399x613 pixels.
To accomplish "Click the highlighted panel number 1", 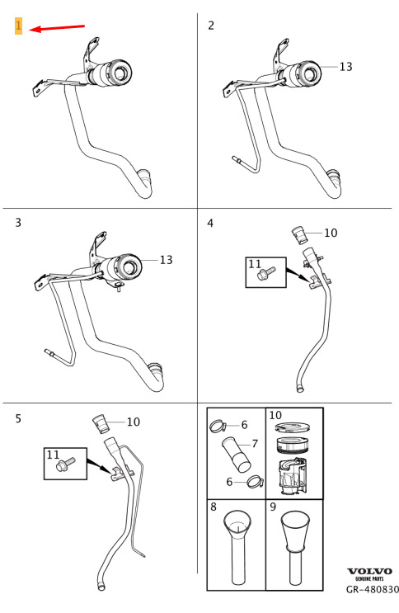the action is (x=18, y=26).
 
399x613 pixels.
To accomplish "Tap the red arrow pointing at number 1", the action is (x=57, y=28).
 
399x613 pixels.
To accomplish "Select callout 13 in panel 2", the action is (x=345, y=67).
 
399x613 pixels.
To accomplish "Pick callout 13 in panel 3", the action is (x=166, y=260).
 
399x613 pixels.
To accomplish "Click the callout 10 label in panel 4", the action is (x=331, y=233).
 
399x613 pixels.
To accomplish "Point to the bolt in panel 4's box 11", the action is (x=266, y=273).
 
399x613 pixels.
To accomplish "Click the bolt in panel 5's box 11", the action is (x=66, y=464).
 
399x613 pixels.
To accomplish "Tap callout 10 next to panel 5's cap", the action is (x=134, y=422).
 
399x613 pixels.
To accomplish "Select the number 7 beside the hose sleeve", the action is (x=255, y=444).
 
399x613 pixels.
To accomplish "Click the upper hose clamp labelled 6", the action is (x=218, y=426).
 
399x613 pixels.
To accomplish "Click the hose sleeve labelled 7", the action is (x=237, y=455).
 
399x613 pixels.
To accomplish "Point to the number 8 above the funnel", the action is (x=214, y=507).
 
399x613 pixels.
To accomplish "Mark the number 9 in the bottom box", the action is (x=273, y=507).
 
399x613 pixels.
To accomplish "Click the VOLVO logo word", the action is (x=369, y=572).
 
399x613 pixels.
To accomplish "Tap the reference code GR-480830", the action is (x=373, y=589).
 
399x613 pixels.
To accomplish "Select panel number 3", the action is (x=18, y=223).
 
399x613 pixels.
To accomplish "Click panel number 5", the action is (x=18, y=418).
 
